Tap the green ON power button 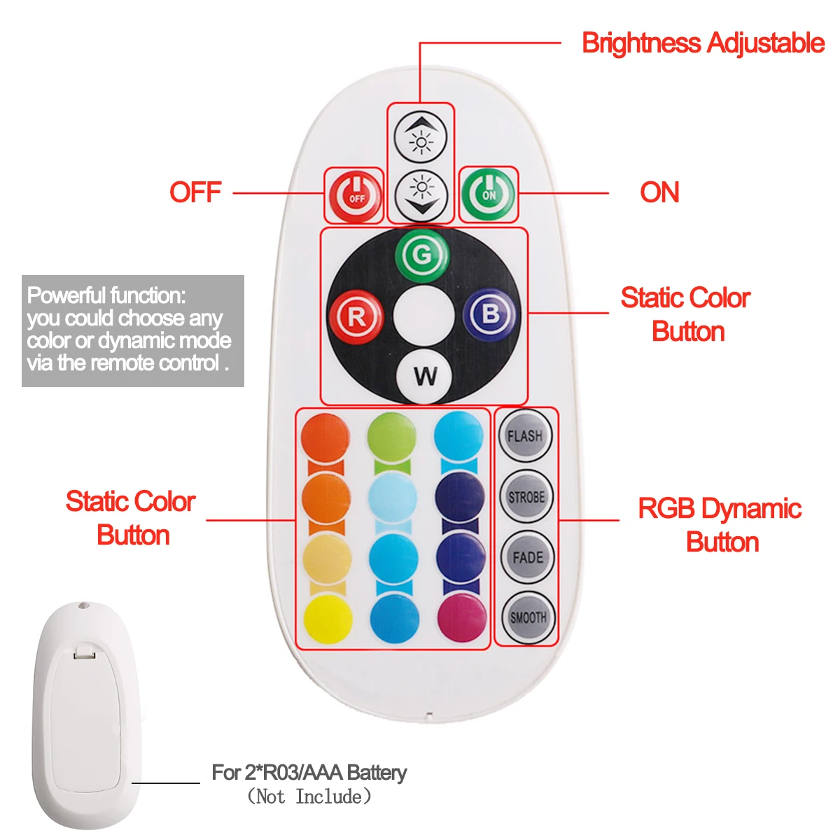click(x=488, y=193)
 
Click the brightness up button click(x=420, y=136)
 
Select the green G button click(x=422, y=255)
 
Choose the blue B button click(x=490, y=316)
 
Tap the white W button click(x=424, y=376)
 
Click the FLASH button click(x=525, y=435)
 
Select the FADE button click(x=526, y=557)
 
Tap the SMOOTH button click(x=527, y=617)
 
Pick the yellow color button click(x=328, y=619)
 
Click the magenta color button click(x=461, y=617)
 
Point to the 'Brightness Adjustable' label click(x=703, y=43)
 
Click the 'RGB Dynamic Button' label click(x=720, y=525)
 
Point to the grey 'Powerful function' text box click(x=133, y=330)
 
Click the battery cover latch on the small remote click(x=84, y=653)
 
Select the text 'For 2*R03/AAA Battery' click(x=309, y=773)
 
